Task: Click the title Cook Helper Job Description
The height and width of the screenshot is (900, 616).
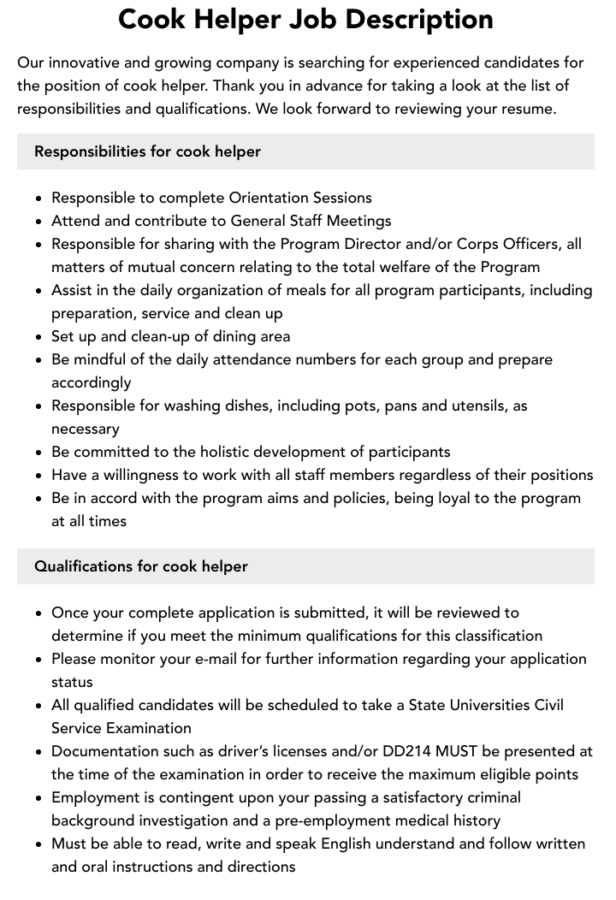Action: (x=305, y=20)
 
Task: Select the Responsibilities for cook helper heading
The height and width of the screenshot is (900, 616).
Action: (x=147, y=151)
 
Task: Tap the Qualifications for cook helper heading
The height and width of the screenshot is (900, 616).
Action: (x=141, y=566)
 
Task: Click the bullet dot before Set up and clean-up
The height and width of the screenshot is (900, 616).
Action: (x=38, y=337)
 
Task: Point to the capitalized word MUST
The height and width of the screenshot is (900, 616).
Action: (x=457, y=751)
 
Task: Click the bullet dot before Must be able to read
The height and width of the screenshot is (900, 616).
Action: (x=38, y=844)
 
